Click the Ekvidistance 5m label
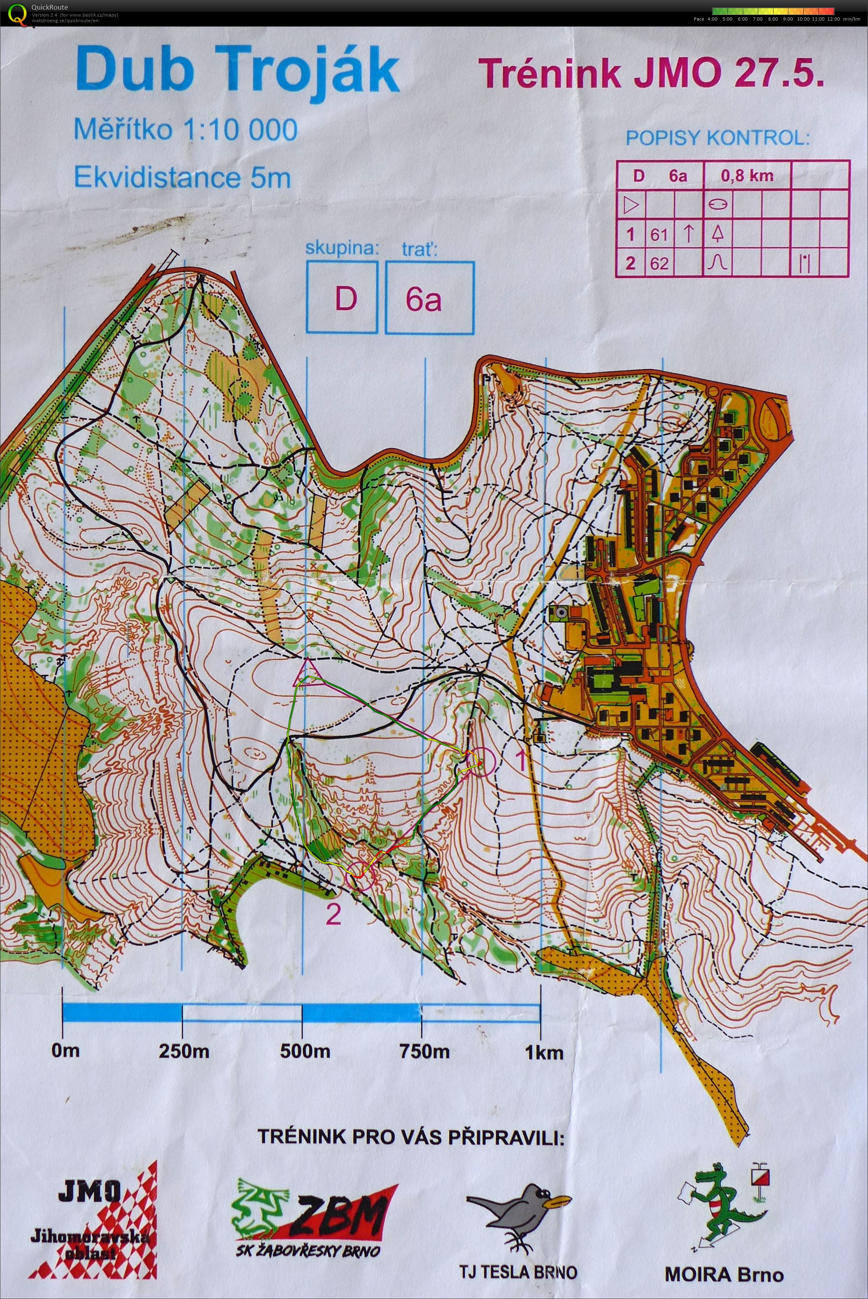click(182, 178)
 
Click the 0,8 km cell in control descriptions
click(747, 176)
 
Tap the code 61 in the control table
click(659, 235)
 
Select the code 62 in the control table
click(659, 263)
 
